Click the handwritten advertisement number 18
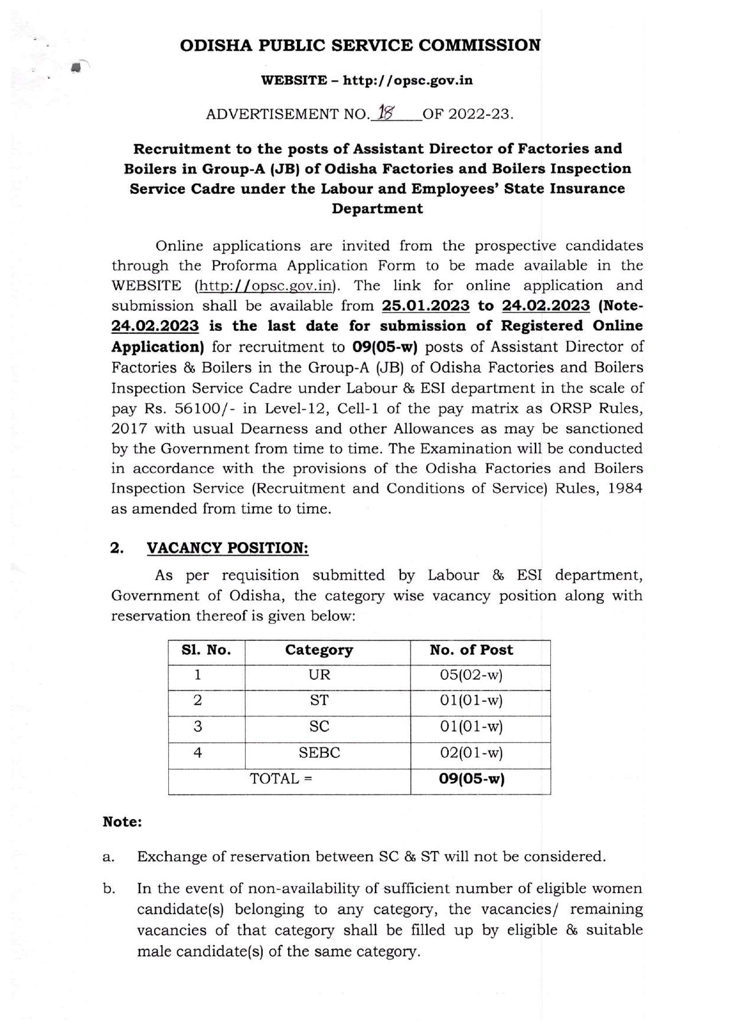click(x=387, y=113)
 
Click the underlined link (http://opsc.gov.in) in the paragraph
click(x=265, y=286)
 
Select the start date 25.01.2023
click(x=426, y=306)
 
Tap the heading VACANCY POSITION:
click(x=227, y=548)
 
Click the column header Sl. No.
click(x=206, y=650)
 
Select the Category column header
click(x=319, y=650)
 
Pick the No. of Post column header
click(x=471, y=650)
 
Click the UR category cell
click(x=319, y=675)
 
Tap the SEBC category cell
click(x=319, y=753)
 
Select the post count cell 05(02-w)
click(x=471, y=675)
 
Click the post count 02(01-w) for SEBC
click(x=471, y=753)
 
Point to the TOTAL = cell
click(x=281, y=778)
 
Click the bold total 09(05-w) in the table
click(x=471, y=778)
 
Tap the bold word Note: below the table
click(x=122, y=822)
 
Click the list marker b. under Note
click(x=109, y=889)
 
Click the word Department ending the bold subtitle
click(x=377, y=208)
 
